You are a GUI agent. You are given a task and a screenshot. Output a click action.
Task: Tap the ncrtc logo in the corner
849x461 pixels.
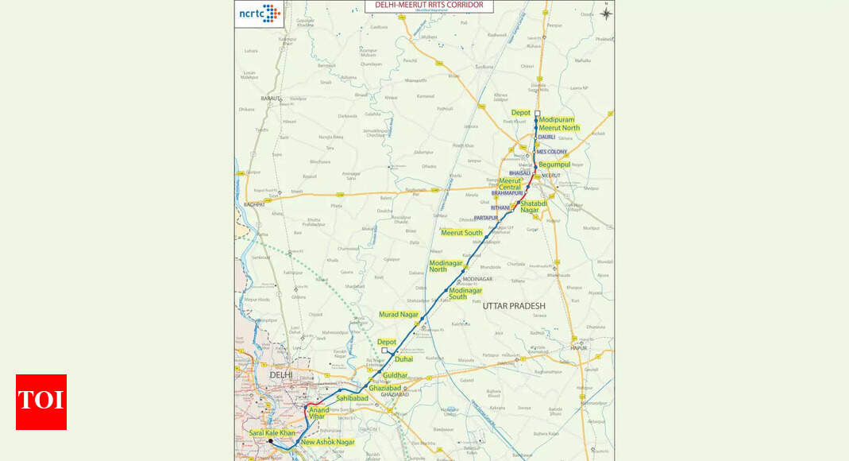pyautogui.click(x=260, y=14)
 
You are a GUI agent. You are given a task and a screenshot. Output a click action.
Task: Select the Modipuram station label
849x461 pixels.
pyautogui.click(x=557, y=120)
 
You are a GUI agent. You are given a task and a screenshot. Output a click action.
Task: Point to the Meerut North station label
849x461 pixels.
pyautogui.click(x=560, y=128)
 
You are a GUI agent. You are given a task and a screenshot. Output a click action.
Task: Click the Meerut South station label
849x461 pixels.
pyautogui.click(x=461, y=233)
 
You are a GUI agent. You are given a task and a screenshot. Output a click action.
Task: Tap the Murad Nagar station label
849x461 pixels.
pyautogui.click(x=398, y=315)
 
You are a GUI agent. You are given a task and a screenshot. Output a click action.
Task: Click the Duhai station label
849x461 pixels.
pyautogui.click(x=403, y=359)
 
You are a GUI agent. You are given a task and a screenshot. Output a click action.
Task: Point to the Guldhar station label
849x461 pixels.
pyautogui.click(x=395, y=375)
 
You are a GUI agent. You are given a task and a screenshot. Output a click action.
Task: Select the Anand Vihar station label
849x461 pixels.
pyautogui.click(x=318, y=413)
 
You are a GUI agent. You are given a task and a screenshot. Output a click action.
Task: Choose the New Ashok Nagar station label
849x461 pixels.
pyautogui.click(x=328, y=442)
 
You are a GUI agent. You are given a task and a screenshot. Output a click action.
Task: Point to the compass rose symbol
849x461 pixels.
pyautogui.click(x=606, y=14)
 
